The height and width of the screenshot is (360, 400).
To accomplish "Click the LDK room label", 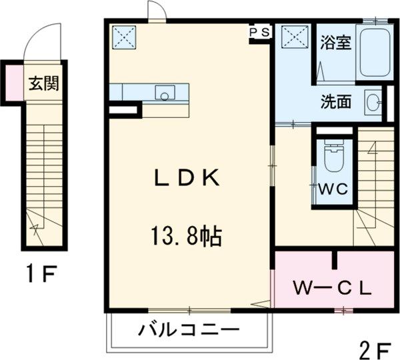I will click(x=186, y=179).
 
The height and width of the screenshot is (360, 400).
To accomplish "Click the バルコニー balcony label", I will click(x=189, y=329).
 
